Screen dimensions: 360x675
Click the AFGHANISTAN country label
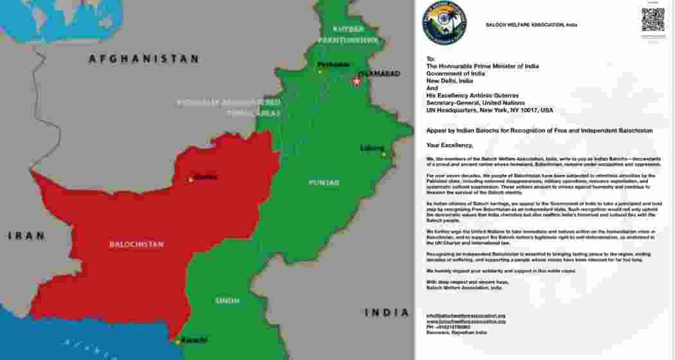point(143,59)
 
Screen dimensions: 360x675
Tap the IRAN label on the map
point(26,236)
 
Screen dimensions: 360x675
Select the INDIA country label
point(386,312)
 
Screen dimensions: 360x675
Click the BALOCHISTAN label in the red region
point(136,244)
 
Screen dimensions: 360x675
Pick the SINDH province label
point(227,300)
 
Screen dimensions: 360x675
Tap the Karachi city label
point(194,339)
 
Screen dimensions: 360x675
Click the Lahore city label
point(372,148)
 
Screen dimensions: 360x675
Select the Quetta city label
point(206,177)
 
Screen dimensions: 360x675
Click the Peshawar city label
point(333,64)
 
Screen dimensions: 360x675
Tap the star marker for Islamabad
point(356,82)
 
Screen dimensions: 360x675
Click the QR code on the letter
point(652,19)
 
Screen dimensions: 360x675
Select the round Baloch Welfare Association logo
point(444,23)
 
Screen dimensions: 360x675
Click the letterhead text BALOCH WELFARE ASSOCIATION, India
point(531,25)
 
